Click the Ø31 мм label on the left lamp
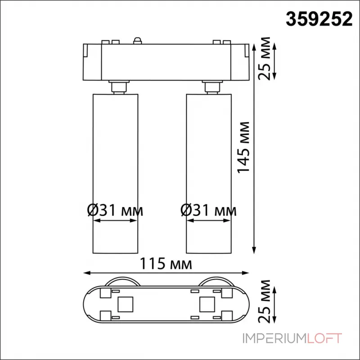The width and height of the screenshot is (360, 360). click(114, 210)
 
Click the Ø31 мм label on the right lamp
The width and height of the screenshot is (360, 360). click(207, 210)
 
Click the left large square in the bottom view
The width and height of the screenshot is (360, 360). click(124, 305)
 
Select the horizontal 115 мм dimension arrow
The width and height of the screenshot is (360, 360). click(166, 273)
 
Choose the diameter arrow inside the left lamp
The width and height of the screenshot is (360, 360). click(114, 221)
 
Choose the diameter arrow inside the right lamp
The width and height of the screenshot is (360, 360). click(209, 221)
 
